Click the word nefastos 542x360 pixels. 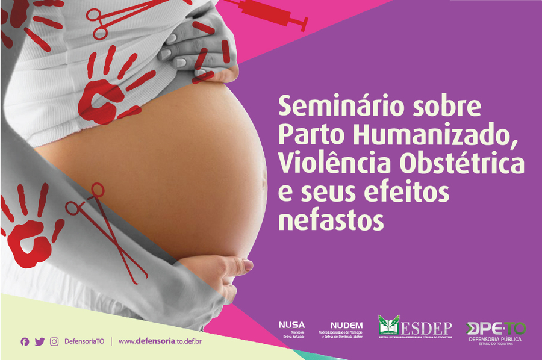click(x=330, y=219)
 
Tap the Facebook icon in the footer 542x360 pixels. click(x=25, y=341)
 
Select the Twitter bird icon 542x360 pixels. click(x=40, y=341)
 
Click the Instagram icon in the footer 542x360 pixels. click(x=54, y=341)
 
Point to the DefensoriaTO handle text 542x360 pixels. click(x=84, y=341)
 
